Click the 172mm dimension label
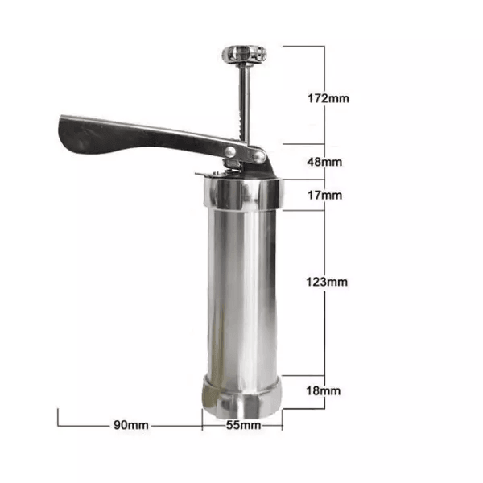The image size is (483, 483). pyautogui.click(x=328, y=98)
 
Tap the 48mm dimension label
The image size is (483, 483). pyautogui.click(x=324, y=162)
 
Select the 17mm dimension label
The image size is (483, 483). pyautogui.click(x=325, y=196)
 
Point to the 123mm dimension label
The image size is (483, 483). pyautogui.click(x=327, y=282)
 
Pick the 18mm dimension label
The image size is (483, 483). pyautogui.click(x=324, y=391)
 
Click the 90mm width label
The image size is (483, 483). pyautogui.click(x=131, y=425)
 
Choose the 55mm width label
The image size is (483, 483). pyautogui.click(x=243, y=425)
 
